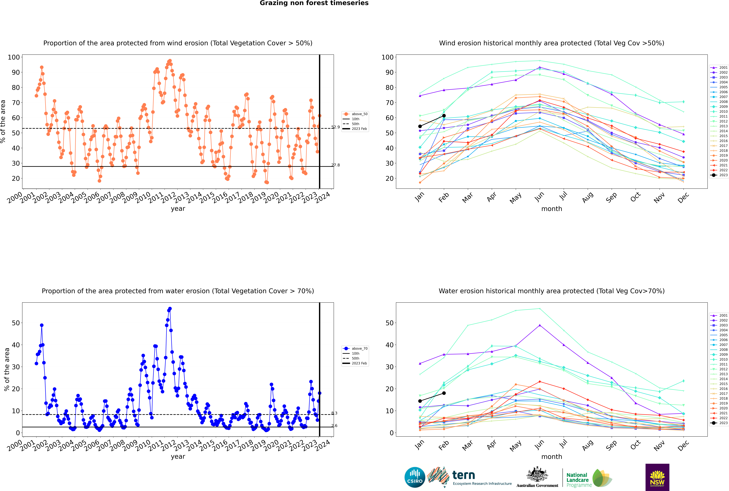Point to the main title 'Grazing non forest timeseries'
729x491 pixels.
click(x=314, y=3)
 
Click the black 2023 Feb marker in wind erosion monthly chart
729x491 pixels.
click(x=444, y=116)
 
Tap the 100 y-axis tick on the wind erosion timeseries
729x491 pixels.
click(x=14, y=57)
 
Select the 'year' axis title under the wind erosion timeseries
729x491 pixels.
click(x=178, y=209)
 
